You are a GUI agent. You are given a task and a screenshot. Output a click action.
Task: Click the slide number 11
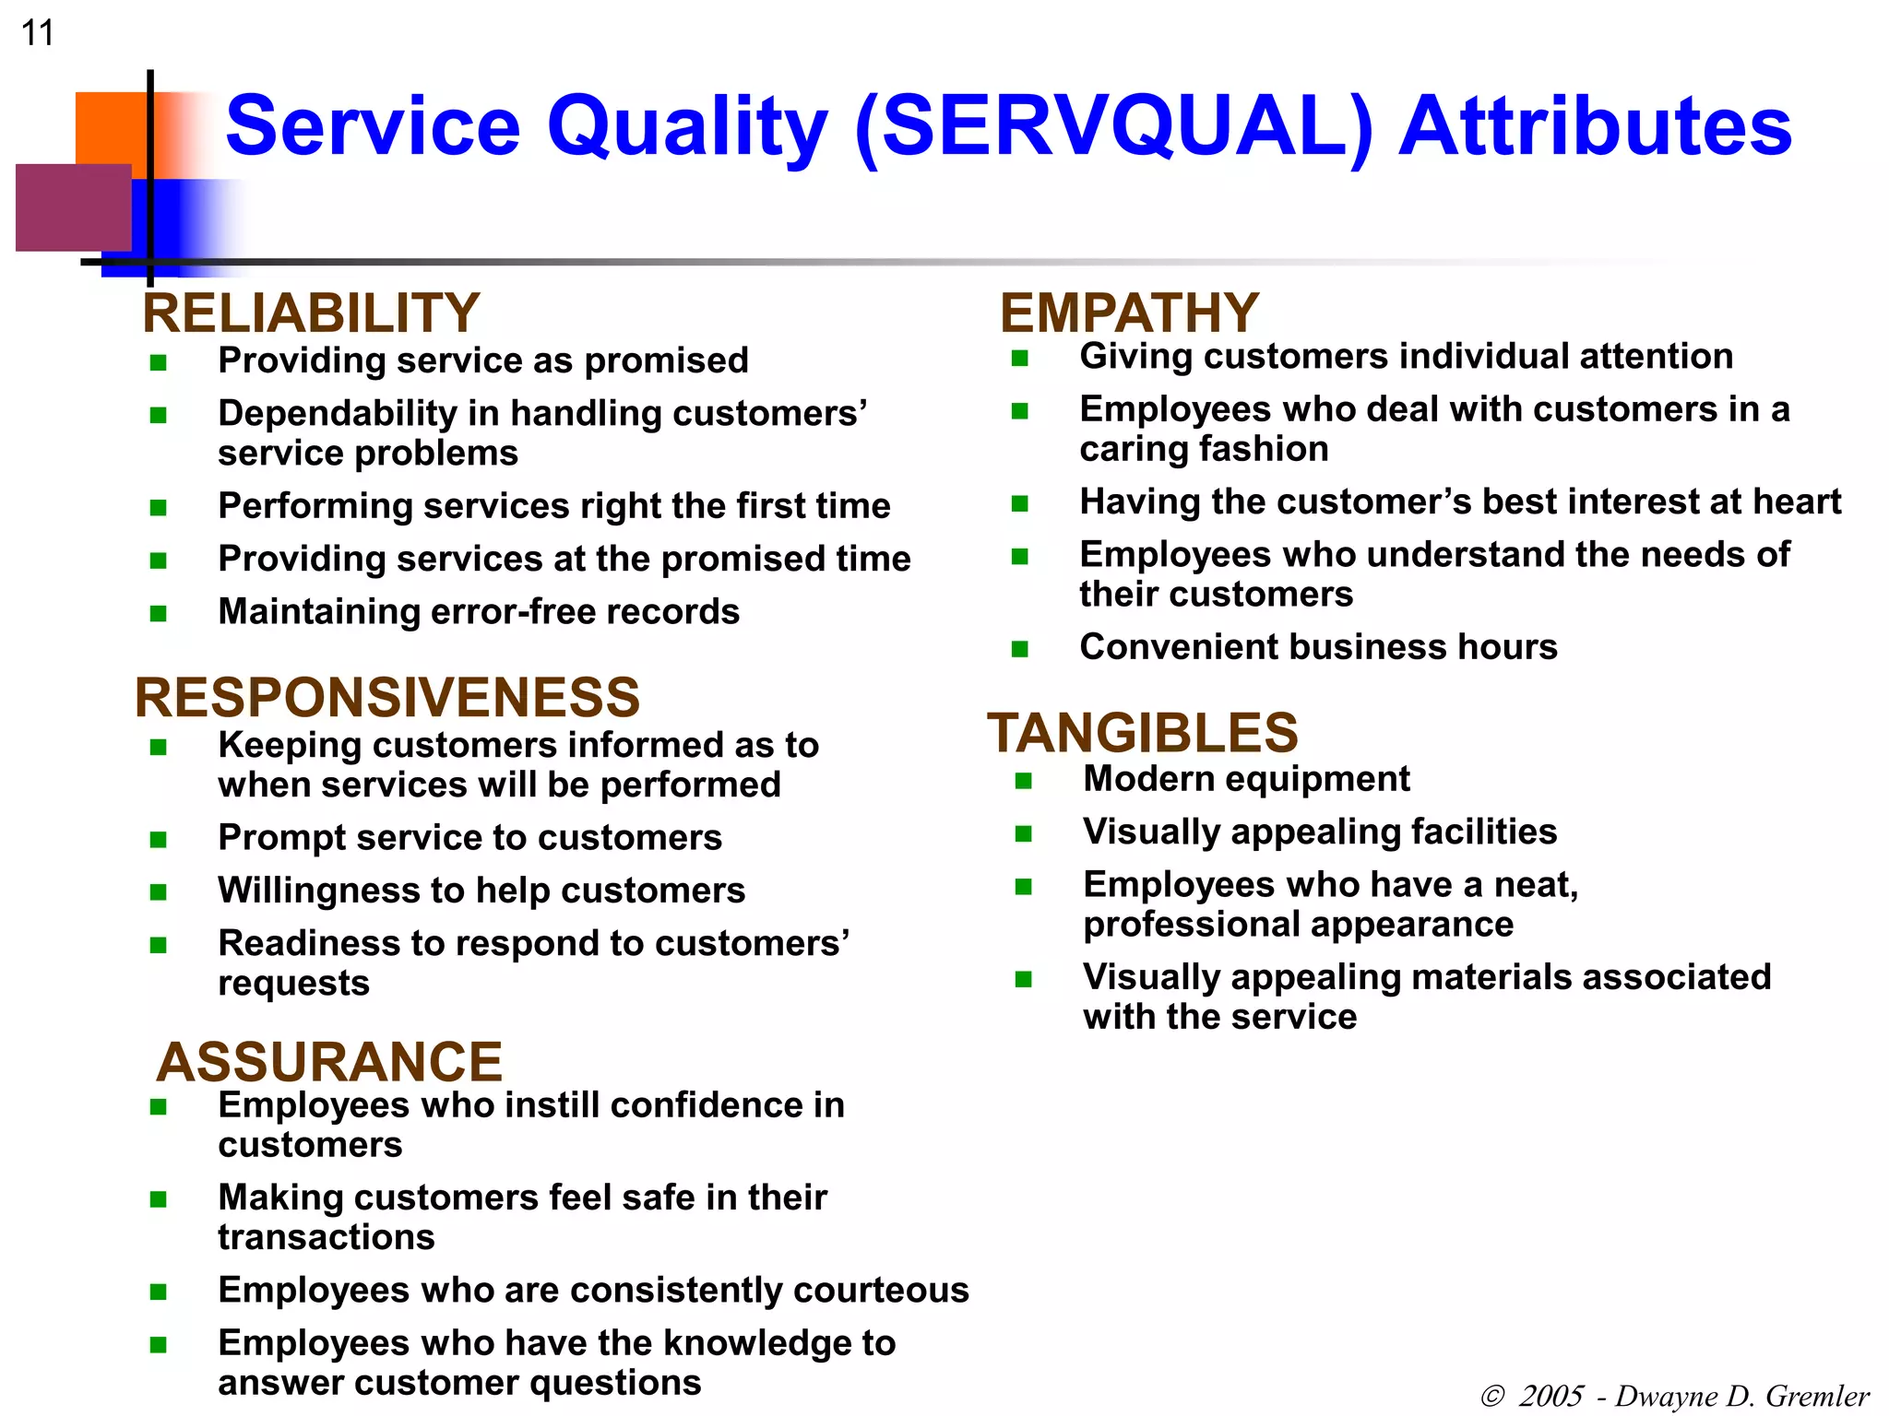point(38,33)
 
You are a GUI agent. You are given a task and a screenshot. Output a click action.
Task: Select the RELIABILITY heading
point(311,313)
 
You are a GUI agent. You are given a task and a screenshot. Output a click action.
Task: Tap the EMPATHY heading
point(1129,313)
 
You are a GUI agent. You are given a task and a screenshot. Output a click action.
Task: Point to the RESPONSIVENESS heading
point(387,697)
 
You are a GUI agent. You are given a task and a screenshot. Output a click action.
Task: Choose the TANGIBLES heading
point(1143,733)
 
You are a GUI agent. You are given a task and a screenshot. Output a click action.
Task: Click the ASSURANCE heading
point(329,1062)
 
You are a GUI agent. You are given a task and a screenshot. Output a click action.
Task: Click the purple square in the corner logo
point(72,207)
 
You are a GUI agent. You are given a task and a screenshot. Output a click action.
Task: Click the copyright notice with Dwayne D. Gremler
point(1674,1396)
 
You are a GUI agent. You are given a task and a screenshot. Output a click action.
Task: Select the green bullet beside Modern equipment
point(1023,781)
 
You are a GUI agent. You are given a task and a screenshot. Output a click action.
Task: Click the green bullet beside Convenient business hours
point(1019,649)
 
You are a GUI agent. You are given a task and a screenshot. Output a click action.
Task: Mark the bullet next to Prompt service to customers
point(158,839)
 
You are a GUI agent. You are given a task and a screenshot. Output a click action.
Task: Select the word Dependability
point(337,414)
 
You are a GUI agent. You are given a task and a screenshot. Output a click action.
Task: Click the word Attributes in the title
point(1595,126)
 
